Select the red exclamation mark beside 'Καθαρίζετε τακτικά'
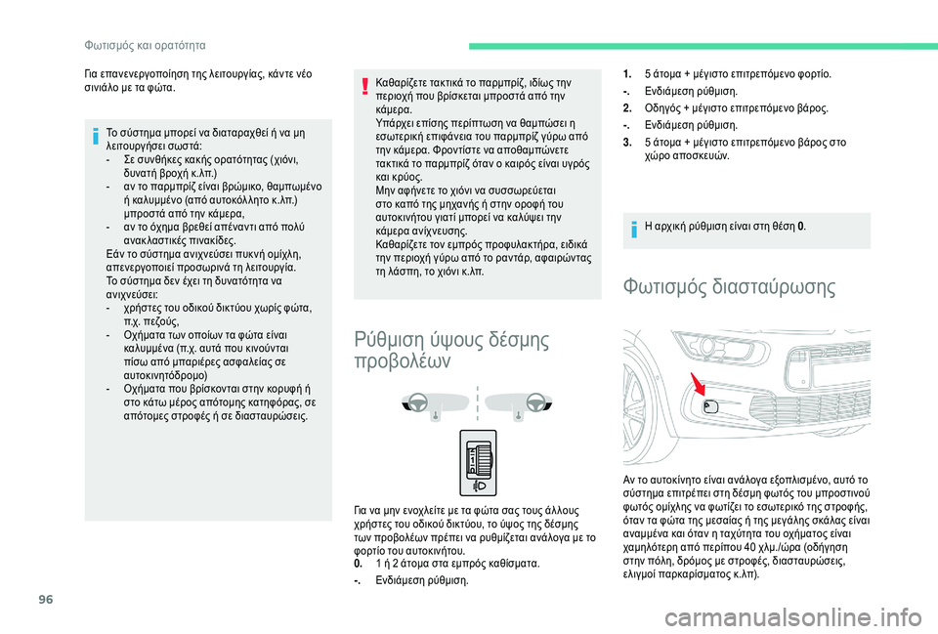(364, 87)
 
